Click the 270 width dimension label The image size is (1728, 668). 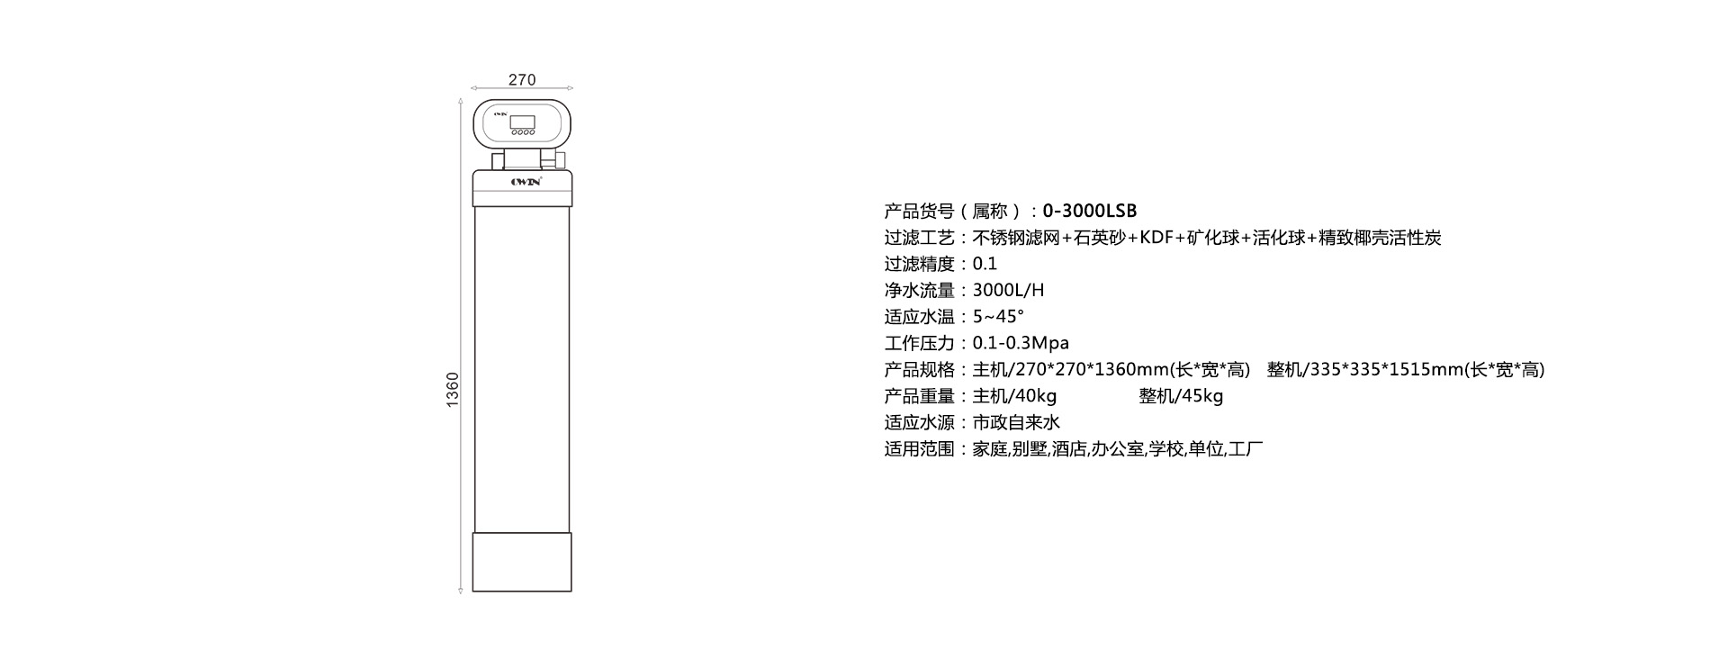[522, 80]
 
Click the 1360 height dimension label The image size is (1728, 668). [453, 389]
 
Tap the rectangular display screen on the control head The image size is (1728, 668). [522, 122]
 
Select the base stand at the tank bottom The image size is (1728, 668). [522, 562]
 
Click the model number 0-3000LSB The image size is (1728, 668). [1090, 212]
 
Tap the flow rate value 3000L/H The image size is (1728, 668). [1008, 291]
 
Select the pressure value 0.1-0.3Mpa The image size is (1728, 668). [1021, 343]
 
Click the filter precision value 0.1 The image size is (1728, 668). [985, 265]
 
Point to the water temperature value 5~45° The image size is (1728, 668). [998, 317]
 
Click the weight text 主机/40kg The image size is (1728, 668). [1014, 396]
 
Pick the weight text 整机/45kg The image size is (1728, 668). [1181, 396]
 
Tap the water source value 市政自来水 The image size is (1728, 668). [1016, 422]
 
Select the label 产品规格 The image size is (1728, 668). [919, 370]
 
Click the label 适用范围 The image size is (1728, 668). [919, 449]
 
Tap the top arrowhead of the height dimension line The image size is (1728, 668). [462, 104]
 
